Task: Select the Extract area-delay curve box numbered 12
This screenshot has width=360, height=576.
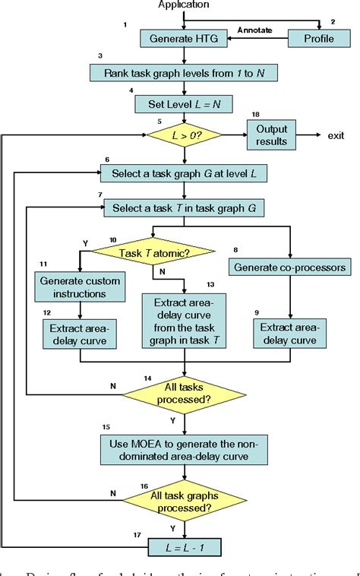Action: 77,333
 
